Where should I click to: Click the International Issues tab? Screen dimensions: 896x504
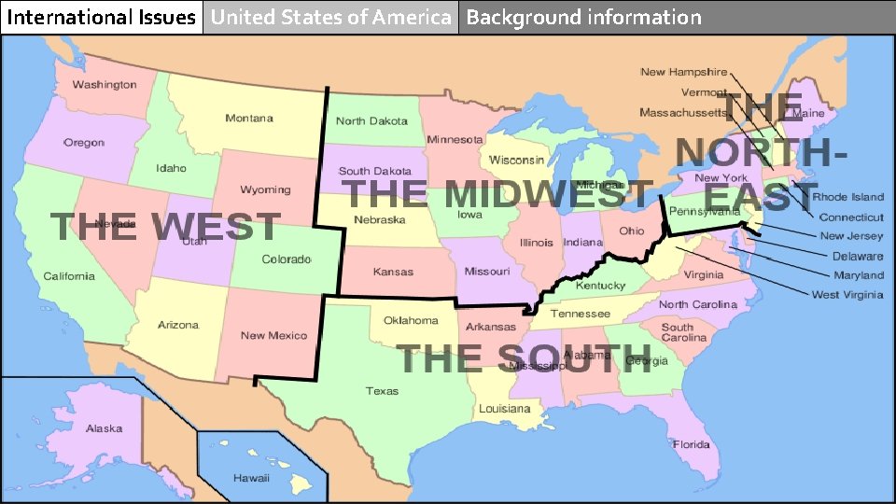[101, 17]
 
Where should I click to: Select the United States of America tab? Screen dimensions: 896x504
[330, 17]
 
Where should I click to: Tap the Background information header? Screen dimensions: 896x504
[583, 17]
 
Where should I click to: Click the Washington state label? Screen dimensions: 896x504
[105, 85]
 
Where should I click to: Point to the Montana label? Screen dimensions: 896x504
[249, 119]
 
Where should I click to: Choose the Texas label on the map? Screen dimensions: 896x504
[382, 391]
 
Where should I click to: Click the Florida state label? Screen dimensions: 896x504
[692, 444]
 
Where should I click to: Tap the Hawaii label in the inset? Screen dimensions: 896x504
[251, 478]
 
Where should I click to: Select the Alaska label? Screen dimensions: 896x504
[104, 428]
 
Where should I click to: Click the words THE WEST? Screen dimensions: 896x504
[164, 227]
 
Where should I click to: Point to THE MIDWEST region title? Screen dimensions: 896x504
[497, 195]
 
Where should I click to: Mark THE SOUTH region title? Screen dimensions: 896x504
[525, 358]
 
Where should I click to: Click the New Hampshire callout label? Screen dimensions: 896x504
[684, 72]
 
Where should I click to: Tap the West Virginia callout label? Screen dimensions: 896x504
[847, 295]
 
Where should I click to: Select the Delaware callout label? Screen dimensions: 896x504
[858, 256]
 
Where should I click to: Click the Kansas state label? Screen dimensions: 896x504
[393, 272]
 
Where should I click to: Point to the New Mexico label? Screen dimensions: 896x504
[273, 335]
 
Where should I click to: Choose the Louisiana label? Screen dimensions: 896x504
[504, 409]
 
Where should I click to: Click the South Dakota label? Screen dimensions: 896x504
[374, 171]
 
